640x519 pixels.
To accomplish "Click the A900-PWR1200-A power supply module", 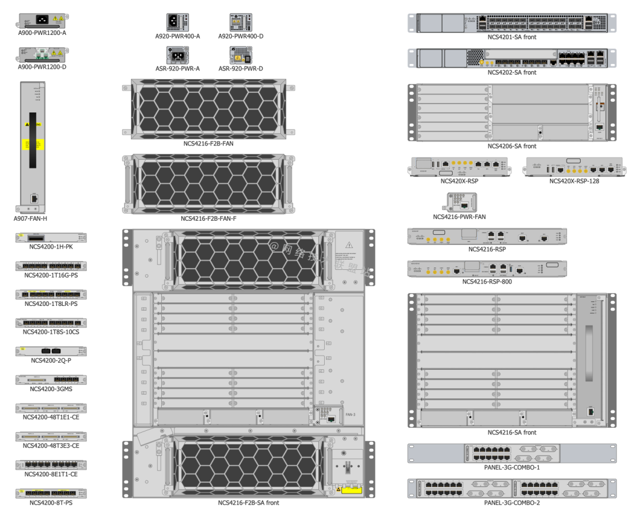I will [x=41, y=20].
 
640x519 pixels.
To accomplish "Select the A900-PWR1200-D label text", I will [x=41, y=67].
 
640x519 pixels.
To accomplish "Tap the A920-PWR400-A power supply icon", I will [x=177, y=22].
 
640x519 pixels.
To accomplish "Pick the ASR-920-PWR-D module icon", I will [x=241, y=55].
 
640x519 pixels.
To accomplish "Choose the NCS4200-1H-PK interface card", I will [x=51, y=237].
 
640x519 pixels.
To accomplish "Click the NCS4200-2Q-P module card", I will [x=51, y=351].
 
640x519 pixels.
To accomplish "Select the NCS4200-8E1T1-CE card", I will [x=51, y=465].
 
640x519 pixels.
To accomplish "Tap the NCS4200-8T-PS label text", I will [x=51, y=502].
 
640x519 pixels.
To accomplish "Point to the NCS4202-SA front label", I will [x=512, y=72].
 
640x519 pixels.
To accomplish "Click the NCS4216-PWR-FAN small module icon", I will [x=459, y=202].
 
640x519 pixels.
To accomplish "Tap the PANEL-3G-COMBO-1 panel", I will [x=512, y=453].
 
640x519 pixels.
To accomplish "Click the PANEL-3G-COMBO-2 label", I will [x=512, y=503].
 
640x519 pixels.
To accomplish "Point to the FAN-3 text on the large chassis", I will [x=350, y=414].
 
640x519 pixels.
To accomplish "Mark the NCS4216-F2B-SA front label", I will [x=248, y=503].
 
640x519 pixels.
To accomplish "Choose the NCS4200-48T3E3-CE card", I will [x=51, y=436].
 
